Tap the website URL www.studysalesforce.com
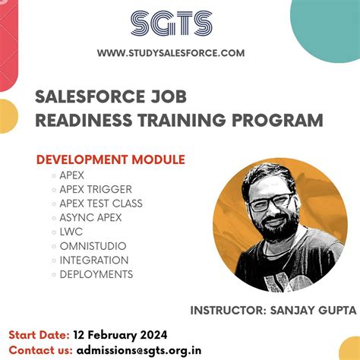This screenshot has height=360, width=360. pyautogui.click(x=171, y=52)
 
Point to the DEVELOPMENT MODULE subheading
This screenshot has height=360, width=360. pyautogui.click(x=111, y=159)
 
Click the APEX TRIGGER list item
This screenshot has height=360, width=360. pyautogui.click(x=96, y=189)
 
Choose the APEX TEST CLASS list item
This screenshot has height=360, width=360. pyautogui.click(x=101, y=204)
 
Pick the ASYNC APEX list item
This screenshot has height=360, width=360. pyautogui.click(x=90, y=217)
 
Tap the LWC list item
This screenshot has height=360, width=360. pyautogui.click(x=71, y=232)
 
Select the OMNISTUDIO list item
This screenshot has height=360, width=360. pyautogui.click(x=93, y=246)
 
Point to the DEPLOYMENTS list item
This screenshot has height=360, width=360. pyautogui.click(x=96, y=274)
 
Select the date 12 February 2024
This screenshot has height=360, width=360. pyautogui.click(x=121, y=335)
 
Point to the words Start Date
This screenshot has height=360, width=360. pyautogui.click(x=39, y=335)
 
